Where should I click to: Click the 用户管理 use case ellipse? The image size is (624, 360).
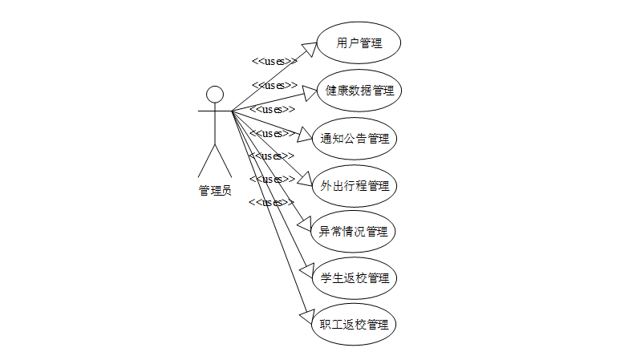359,43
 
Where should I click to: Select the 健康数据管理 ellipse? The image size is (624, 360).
359,90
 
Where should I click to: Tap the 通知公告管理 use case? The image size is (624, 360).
355,138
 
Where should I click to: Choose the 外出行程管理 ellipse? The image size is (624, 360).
354,186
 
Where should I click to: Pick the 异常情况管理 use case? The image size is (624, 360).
354,232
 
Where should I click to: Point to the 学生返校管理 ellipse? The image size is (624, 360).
354,278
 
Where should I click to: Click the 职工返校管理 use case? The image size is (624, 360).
354,325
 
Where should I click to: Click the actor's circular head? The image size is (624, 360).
214,94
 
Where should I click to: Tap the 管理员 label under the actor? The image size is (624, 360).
215,190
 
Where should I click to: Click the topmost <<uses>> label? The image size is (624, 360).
274,61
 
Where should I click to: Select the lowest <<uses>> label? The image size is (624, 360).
266,202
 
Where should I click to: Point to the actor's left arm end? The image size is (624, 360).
199,111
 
